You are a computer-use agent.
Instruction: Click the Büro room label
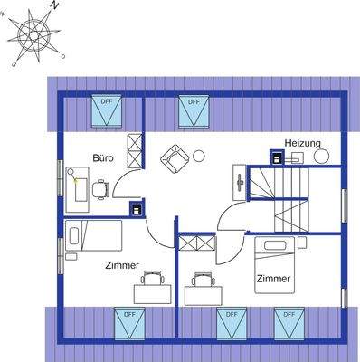[103, 157]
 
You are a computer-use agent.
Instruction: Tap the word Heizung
[303, 143]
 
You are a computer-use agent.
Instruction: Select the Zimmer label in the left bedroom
[122, 265]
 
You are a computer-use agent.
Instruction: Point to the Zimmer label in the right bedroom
[273, 279]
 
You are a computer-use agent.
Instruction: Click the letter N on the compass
[54, 6]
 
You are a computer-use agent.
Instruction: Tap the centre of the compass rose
[36, 35]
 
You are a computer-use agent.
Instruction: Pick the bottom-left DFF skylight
[129, 322]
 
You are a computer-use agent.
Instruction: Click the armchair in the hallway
[174, 158]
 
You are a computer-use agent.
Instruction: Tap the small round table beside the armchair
[199, 154]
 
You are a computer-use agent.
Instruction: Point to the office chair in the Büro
[100, 188]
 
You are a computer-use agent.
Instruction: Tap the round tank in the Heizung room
[322, 157]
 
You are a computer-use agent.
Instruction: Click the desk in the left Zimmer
[152, 291]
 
